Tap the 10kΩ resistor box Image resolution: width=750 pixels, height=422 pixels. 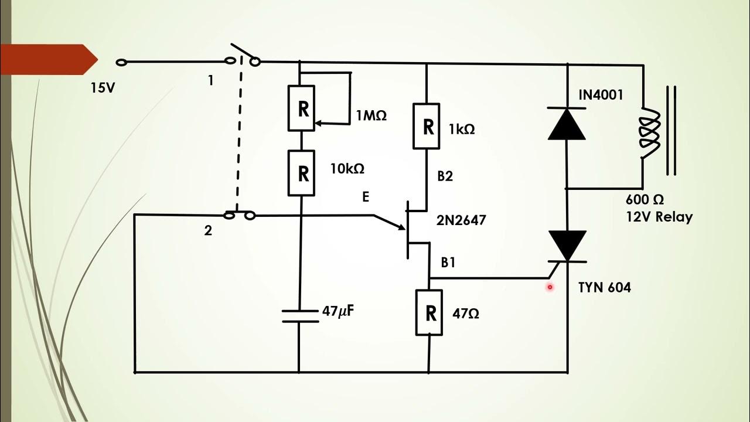(x=303, y=173)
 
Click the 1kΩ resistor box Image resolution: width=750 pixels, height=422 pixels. (x=428, y=127)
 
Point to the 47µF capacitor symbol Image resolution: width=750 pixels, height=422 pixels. (x=299, y=316)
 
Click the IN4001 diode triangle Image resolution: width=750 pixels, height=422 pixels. (x=567, y=124)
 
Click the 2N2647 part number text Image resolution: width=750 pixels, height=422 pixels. (x=461, y=220)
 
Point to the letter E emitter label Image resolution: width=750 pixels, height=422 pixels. (x=366, y=197)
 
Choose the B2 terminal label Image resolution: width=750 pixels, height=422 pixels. (x=445, y=176)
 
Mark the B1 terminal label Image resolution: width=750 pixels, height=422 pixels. (x=448, y=263)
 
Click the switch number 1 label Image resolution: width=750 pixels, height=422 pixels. (x=210, y=81)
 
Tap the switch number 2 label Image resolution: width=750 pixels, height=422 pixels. (x=208, y=230)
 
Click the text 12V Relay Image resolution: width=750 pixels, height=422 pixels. (x=659, y=217)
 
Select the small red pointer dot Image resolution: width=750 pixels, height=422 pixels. (x=550, y=287)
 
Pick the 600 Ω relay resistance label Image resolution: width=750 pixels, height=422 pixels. (x=645, y=200)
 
